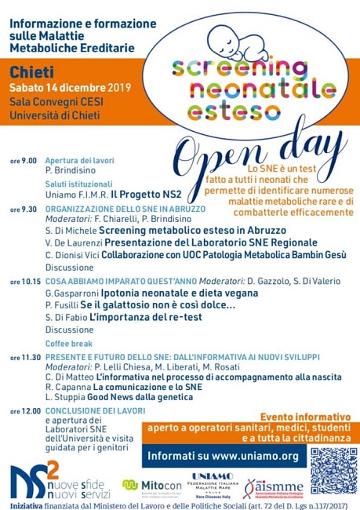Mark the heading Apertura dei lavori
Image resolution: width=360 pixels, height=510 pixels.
point(78,160)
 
